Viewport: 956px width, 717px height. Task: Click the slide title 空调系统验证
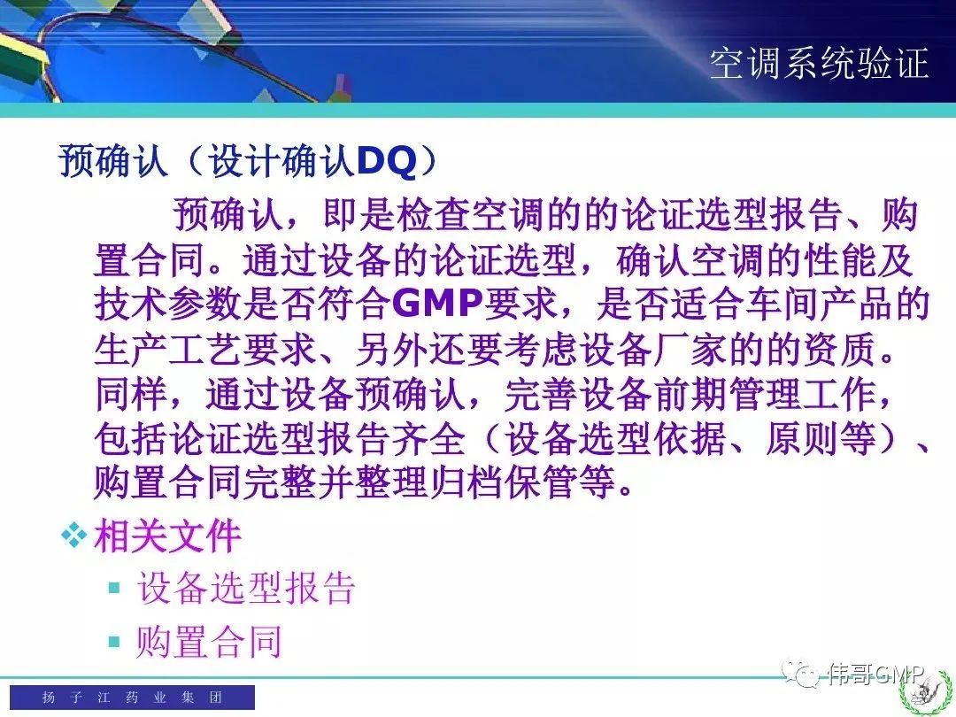tap(819, 63)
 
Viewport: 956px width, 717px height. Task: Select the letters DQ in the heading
tap(386, 162)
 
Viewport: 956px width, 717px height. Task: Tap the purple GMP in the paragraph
tap(437, 304)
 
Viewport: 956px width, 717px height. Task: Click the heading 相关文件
tap(167, 536)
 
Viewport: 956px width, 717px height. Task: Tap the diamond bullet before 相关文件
tap(73, 536)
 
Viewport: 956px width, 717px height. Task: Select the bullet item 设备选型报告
tap(246, 588)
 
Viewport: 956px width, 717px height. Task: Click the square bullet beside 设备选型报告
tap(114, 588)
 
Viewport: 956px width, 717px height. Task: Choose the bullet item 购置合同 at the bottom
tap(209, 642)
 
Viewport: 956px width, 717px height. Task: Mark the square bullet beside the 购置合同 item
tap(114, 642)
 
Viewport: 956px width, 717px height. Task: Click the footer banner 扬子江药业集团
tap(132, 697)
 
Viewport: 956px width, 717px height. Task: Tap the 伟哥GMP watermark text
tap(876, 674)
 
